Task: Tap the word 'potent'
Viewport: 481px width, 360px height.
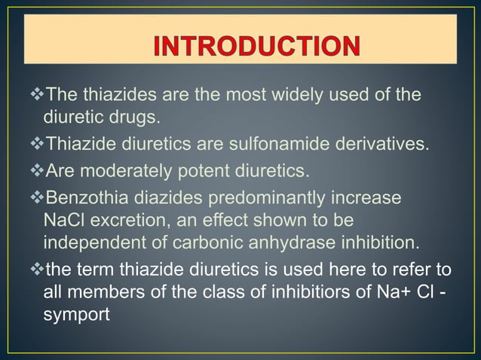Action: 198,170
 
